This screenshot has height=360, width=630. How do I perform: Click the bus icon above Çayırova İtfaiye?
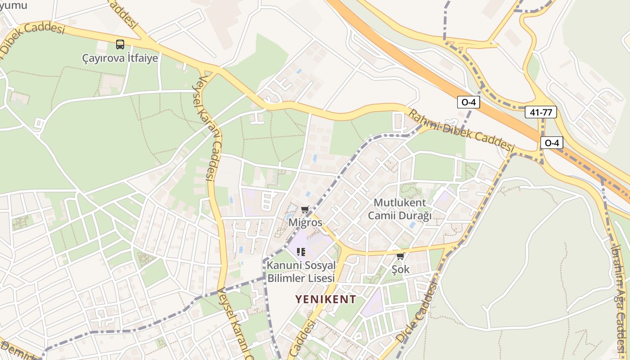coord(120,44)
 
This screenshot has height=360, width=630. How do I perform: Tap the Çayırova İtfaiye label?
coord(120,58)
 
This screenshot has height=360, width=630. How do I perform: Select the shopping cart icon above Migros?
coord(305,210)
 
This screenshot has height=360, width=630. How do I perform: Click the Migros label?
coord(306,222)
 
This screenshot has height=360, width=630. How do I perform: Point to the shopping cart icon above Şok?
coord(400,256)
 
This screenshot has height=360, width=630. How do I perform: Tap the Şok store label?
coord(400,269)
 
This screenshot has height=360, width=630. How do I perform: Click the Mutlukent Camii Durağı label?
coord(400,209)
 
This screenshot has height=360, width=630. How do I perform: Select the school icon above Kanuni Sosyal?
coord(301,252)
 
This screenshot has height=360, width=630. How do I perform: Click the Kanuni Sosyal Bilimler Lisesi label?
coord(301,271)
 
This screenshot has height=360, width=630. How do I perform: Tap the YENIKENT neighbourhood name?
coord(326,299)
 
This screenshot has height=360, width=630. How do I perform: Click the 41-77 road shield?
coord(540,112)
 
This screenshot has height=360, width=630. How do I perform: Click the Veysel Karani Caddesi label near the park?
coord(210,128)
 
